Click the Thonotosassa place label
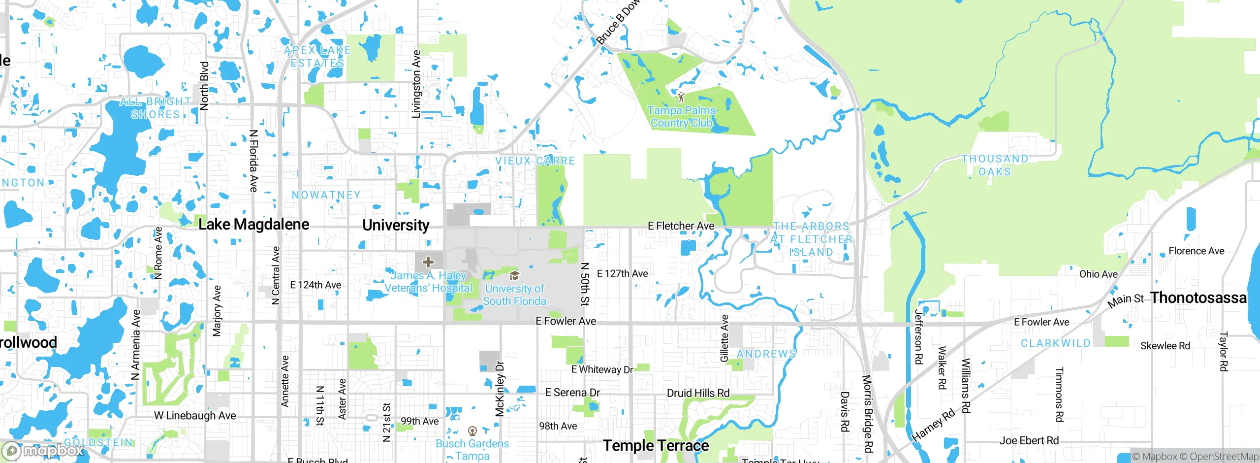click(x=1198, y=298)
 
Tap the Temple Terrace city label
click(x=656, y=446)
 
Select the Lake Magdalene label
click(x=253, y=225)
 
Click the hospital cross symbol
click(x=428, y=262)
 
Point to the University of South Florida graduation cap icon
click(x=514, y=275)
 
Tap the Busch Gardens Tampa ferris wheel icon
click(x=472, y=431)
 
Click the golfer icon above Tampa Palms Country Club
click(x=681, y=97)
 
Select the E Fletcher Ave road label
click(x=681, y=226)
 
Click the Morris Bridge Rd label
click(x=868, y=414)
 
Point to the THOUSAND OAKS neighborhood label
click(x=995, y=165)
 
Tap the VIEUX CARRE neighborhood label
click(x=535, y=161)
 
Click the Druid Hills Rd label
click(x=698, y=393)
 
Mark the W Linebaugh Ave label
click(x=195, y=416)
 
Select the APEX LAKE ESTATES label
click(x=317, y=57)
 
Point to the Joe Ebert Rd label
click(x=1029, y=441)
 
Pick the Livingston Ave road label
click(x=416, y=84)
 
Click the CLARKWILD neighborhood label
click(x=1056, y=343)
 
